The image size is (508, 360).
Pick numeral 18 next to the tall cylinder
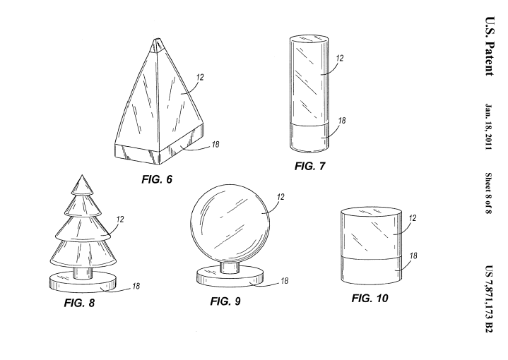tap(342, 122)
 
